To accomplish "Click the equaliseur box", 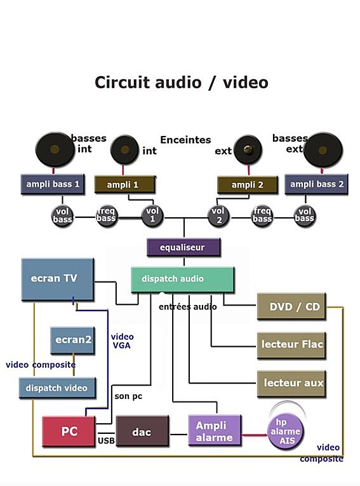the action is [x=183, y=247].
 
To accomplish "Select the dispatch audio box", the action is [x=182, y=280].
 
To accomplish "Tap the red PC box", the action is [x=69, y=431].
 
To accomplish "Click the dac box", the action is [x=142, y=431].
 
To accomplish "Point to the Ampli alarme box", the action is [x=215, y=430].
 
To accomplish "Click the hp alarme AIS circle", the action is [x=285, y=431].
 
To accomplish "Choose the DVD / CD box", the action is [x=291, y=306].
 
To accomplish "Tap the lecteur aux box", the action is [x=291, y=384].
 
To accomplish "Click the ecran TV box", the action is [x=57, y=280].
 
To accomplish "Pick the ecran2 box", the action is [x=72, y=340].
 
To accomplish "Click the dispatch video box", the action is [x=57, y=388].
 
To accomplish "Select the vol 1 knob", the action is [x=152, y=215].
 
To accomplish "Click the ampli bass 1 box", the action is [x=52, y=184].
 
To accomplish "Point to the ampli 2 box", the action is [x=247, y=185].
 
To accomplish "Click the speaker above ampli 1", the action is [x=124, y=150].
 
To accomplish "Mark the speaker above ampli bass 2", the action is [x=323, y=151].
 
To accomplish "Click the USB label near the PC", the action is [x=106, y=440].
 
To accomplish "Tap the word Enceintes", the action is [x=185, y=140].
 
